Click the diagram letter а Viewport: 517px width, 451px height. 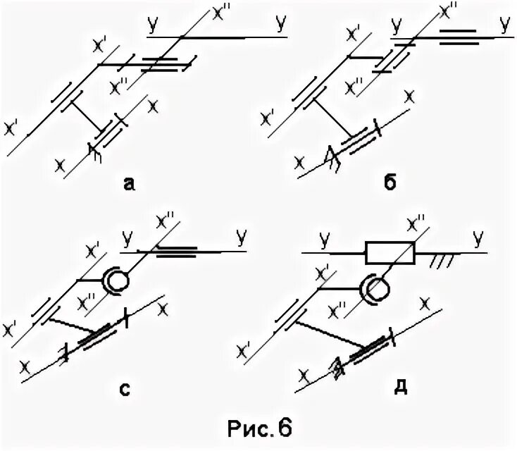pyautogui.click(x=127, y=184)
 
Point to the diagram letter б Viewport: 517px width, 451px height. pyautogui.click(x=391, y=183)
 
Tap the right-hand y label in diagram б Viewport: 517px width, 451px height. pyautogui.click(x=504, y=25)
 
